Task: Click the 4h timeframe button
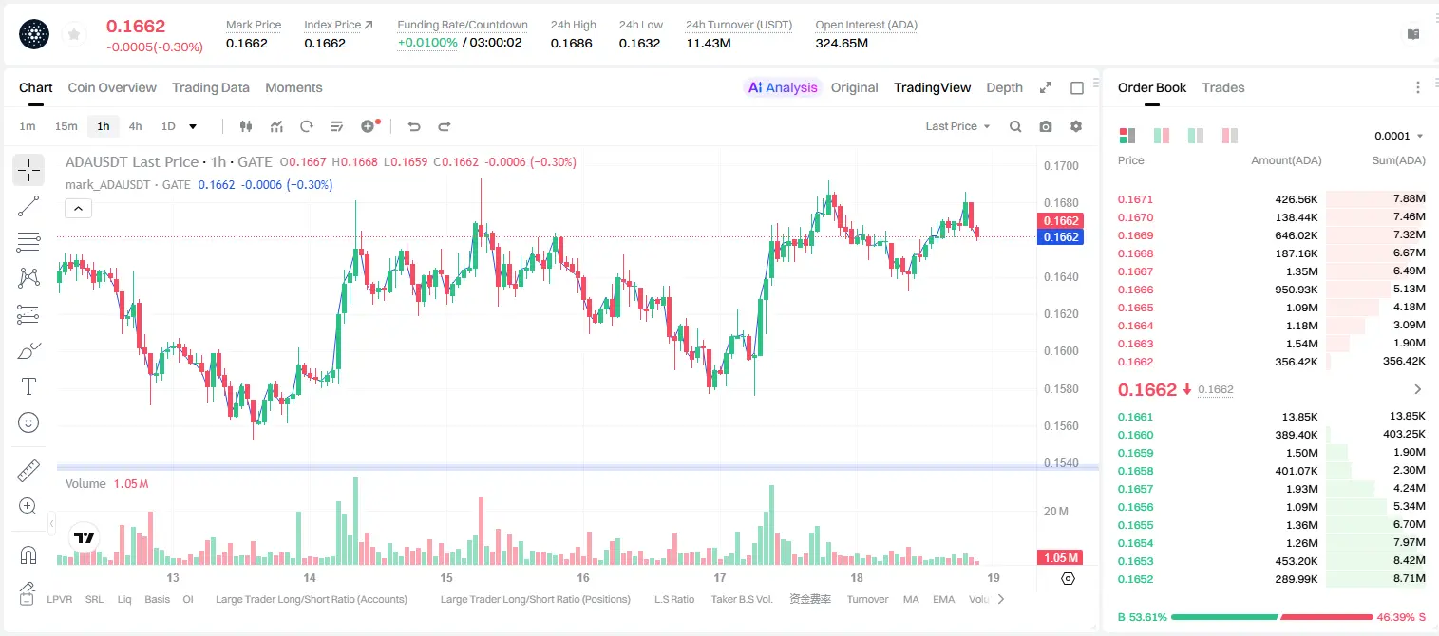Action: [x=135, y=126]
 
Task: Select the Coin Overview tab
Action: [x=112, y=87]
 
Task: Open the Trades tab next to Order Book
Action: [x=1222, y=87]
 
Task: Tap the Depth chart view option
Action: [x=1004, y=87]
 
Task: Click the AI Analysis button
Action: [x=783, y=87]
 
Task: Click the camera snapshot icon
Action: [x=1045, y=126]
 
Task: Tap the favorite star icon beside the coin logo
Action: [x=74, y=34]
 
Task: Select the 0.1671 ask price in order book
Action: [x=1135, y=199]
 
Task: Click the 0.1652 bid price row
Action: [x=1135, y=579]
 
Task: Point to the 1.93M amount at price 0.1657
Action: [x=1301, y=489]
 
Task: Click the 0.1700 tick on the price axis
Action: [x=1061, y=165]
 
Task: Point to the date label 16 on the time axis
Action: [x=582, y=577]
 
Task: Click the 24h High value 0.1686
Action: [x=571, y=43]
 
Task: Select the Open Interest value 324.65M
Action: [x=842, y=43]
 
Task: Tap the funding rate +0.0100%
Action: [x=427, y=43]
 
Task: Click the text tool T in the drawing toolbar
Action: [x=28, y=386]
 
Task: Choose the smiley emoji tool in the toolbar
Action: [x=28, y=422]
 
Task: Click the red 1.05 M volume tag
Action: [x=1060, y=558]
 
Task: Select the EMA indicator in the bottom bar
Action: [x=943, y=599]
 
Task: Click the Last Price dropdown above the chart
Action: [x=957, y=126]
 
